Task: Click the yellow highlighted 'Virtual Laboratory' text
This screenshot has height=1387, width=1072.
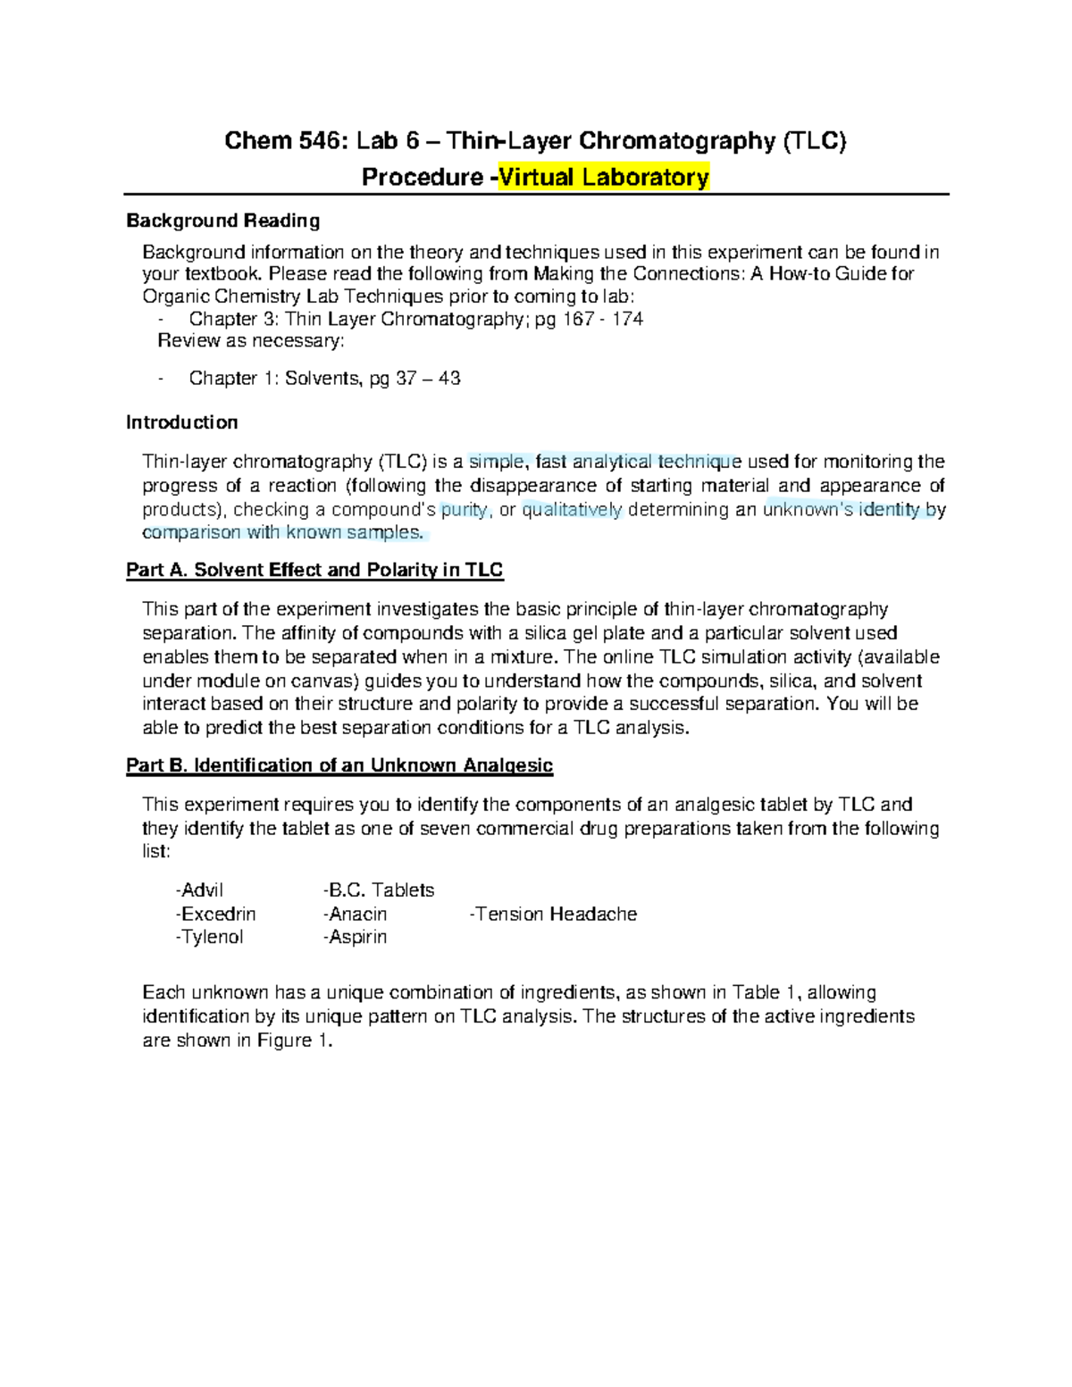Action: pyautogui.click(x=604, y=177)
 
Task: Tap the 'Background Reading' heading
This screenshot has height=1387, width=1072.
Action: pyautogui.click(x=222, y=221)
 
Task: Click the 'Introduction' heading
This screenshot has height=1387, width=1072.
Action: pyautogui.click(x=181, y=422)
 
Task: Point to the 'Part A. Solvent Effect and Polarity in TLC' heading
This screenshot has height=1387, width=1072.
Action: pyautogui.click(x=314, y=570)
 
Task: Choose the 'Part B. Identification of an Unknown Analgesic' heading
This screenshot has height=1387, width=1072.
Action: pyautogui.click(x=339, y=765)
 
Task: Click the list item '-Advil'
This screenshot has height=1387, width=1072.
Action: pyautogui.click(x=199, y=890)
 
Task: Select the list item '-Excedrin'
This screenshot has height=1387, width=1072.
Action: pyautogui.click(x=215, y=915)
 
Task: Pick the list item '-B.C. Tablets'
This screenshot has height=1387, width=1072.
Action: pyautogui.click(x=379, y=890)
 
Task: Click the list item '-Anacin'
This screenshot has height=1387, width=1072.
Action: pyautogui.click(x=355, y=915)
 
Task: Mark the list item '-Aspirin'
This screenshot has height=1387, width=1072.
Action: pyautogui.click(x=355, y=937)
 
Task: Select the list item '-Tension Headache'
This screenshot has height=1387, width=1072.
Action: pyautogui.click(x=553, y=915)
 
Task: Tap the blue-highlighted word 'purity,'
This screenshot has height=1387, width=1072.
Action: pyautogui.click(x=465, y=510)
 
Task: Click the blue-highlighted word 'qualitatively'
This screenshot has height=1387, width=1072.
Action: pyautogui.click(x=572, y=510)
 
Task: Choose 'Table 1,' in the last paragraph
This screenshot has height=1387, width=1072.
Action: pyautogui.click(x=766, y=992)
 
